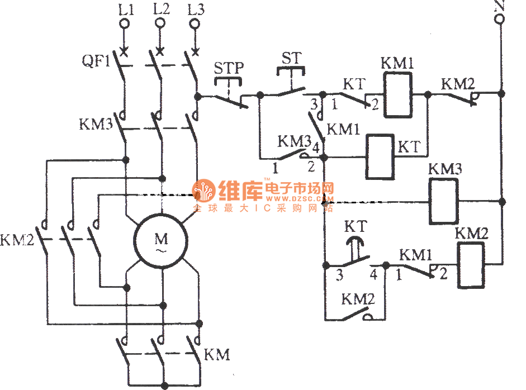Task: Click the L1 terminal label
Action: pos(125,9)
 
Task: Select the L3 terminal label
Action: pos(196,9)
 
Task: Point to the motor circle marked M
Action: pos(161,241)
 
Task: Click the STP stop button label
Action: pos(229,68)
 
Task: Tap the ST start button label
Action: pos(291,58)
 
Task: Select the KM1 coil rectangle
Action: pos(397,96)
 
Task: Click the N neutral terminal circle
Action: pos(500,20)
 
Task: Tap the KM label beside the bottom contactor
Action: pos(217,355)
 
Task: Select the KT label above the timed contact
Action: pos(355,226)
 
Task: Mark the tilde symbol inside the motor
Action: pos(161,251)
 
